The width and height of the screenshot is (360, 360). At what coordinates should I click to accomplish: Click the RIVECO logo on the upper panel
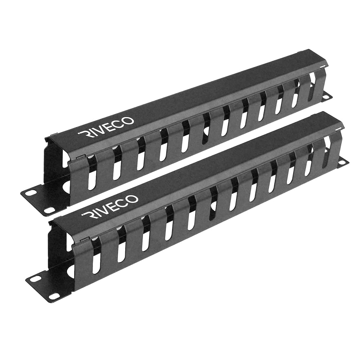coord(107,126)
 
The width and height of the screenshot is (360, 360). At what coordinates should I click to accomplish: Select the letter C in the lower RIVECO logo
coord(125,201)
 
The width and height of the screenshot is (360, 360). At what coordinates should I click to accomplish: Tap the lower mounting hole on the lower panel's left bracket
coord(54,296)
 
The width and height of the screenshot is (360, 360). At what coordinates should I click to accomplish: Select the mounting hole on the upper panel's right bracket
coord(328,96)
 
